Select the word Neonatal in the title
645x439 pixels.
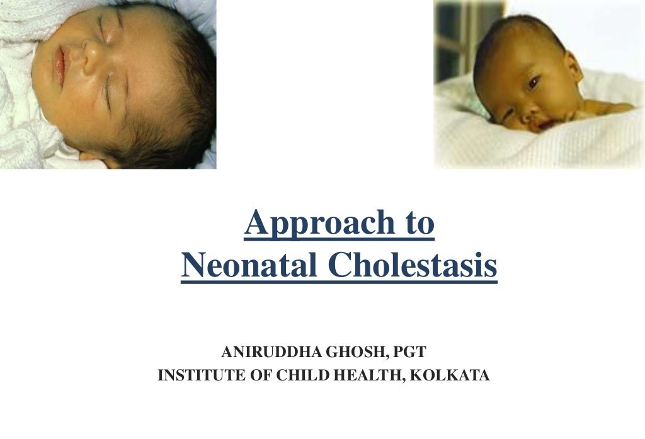point(249,266)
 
